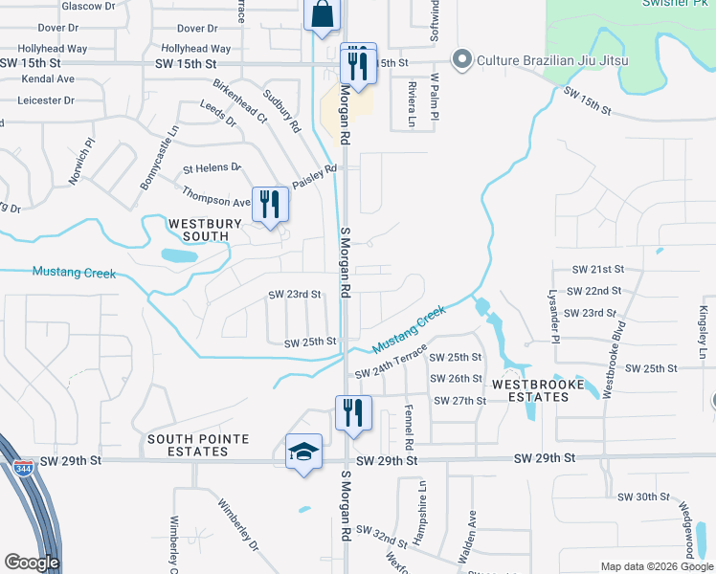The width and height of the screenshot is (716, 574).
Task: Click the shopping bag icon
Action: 323,15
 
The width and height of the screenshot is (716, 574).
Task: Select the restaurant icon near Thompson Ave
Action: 270,204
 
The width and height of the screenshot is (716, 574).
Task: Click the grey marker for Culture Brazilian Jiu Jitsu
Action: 461,60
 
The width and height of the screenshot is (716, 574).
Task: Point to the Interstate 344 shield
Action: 22,470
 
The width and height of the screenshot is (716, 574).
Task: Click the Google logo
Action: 32,563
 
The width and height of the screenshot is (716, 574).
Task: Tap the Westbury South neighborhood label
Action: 198,230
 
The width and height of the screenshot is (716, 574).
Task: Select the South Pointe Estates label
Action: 198,445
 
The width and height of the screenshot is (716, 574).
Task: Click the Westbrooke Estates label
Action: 538,390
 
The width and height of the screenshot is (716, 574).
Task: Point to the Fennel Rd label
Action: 408,426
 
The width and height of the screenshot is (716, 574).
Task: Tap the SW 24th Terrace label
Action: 390,362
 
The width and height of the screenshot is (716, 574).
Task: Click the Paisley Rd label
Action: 316,177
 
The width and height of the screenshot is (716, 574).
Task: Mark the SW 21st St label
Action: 598,271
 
